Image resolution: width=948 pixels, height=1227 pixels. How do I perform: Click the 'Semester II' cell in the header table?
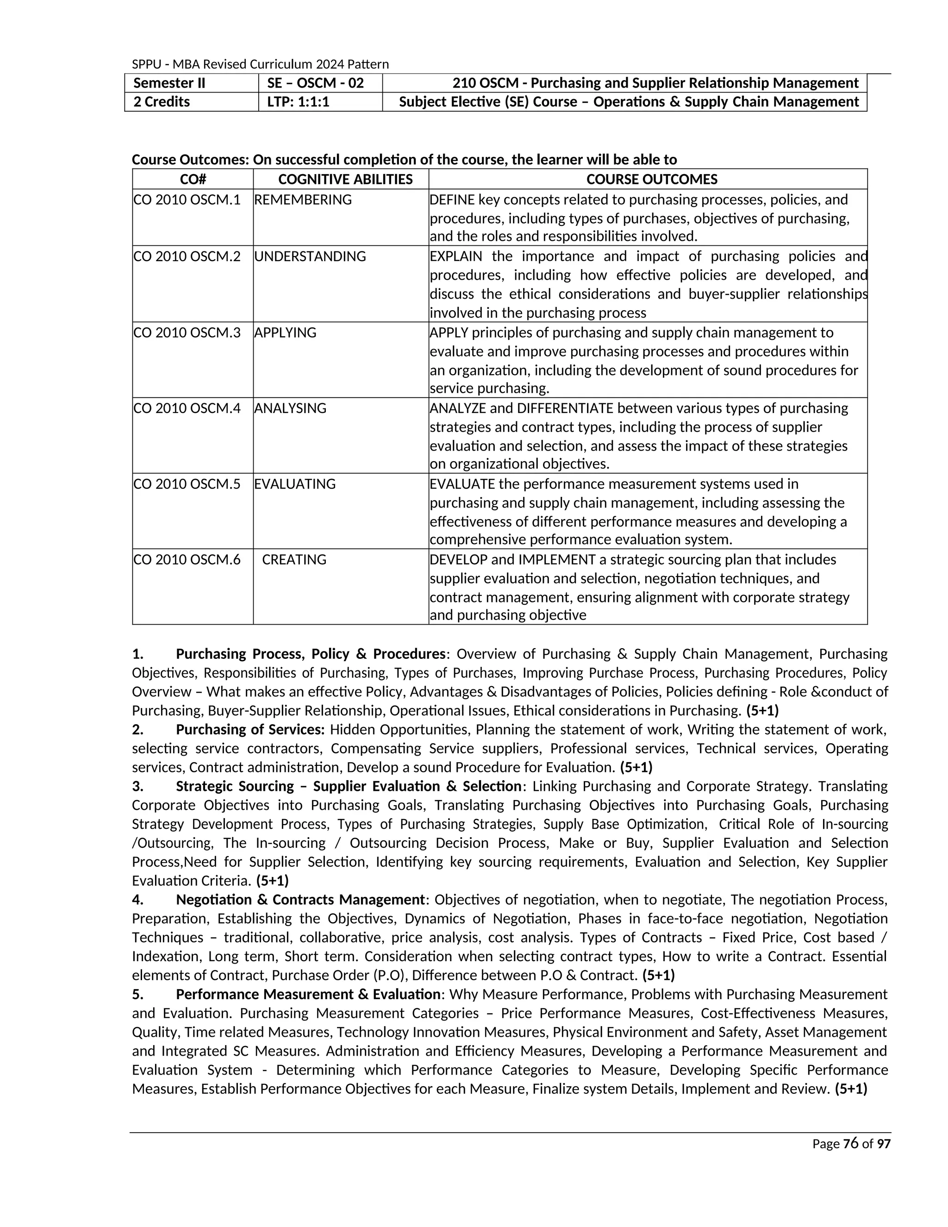[169, 83]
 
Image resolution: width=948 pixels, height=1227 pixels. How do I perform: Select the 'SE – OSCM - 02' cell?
[316, 83]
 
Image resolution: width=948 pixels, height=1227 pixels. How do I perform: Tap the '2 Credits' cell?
[162, 102]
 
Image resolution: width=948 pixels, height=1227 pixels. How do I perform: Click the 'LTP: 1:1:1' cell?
[298, 102]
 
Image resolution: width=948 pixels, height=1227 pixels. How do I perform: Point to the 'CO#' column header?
[193, 179]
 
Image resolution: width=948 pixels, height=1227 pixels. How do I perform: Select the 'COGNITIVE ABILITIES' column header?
[345, 179]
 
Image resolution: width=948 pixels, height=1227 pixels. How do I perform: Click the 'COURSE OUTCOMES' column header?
[651, 179]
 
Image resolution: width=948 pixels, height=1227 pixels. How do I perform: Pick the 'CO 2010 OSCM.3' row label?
[187, 332]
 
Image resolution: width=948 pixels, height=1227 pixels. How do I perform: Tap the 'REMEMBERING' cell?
[303, 200]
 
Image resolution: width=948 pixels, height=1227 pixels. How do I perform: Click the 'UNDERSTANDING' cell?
[310, 256]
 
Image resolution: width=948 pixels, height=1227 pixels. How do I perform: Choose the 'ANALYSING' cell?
[290, 408]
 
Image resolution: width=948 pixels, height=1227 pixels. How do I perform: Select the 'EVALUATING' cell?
[294, 484]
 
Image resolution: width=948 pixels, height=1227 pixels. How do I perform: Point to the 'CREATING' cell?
[294, 560]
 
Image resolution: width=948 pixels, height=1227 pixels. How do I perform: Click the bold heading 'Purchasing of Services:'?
[250, 729]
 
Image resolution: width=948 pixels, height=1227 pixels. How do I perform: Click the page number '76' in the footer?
[851, 1143]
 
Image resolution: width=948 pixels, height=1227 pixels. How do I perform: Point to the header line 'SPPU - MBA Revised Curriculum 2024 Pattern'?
[260, 64]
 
